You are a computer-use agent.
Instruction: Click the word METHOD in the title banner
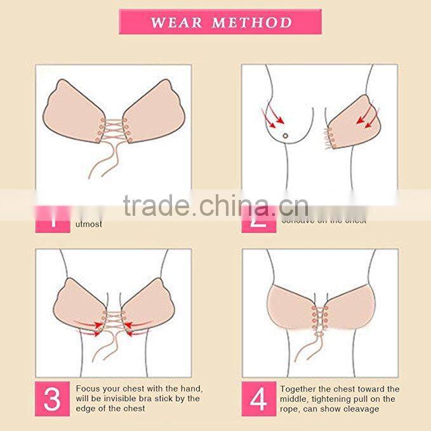click(251, 23)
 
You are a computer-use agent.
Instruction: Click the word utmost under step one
click(89, 224)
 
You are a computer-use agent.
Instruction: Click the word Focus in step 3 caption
click(88, 388)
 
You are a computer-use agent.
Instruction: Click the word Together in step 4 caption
click(301, 388)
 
